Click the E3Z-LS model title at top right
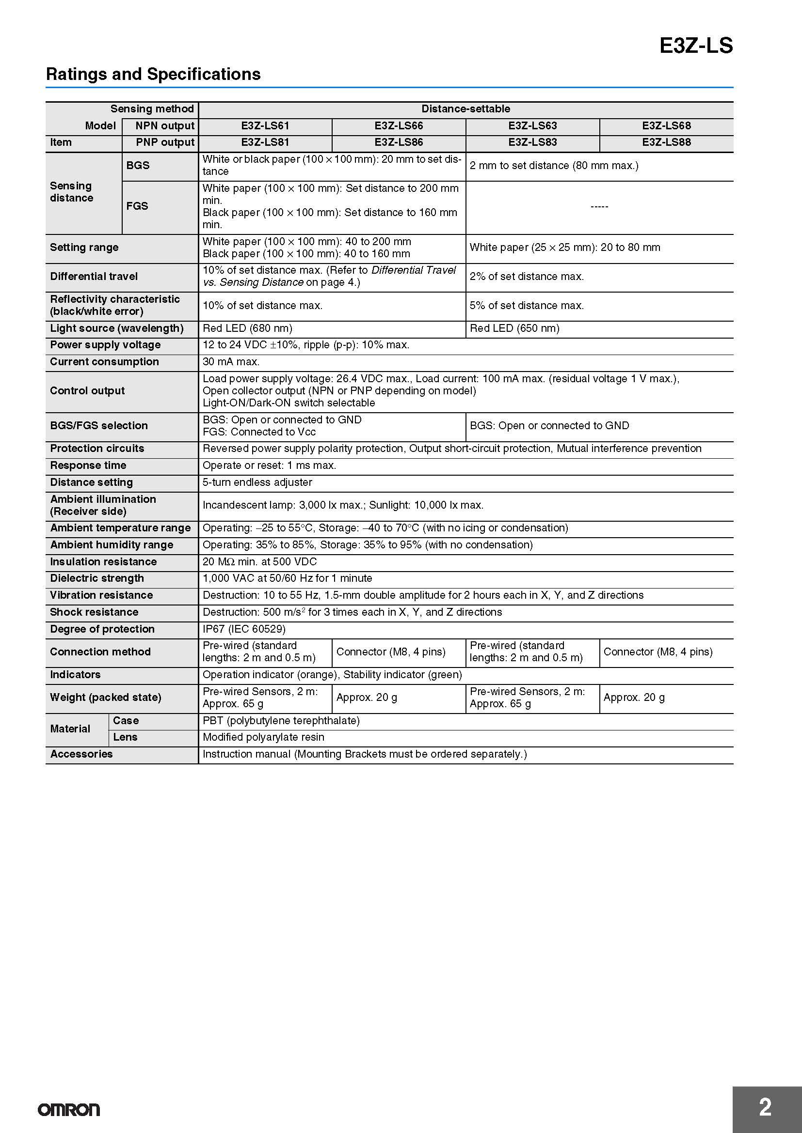696,46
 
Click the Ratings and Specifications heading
153,74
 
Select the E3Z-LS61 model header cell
265,126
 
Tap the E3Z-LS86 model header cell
399,142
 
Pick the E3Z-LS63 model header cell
532,126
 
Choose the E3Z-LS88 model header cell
666,142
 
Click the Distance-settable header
465,109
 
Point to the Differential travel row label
94,276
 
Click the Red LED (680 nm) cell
247,328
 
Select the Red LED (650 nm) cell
514,328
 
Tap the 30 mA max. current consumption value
231,362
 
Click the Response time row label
88,466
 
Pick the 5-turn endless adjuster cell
257,482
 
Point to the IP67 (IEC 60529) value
244,629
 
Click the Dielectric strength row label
97,578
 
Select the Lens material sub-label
125,737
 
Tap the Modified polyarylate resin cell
263,737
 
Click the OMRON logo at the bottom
69,1110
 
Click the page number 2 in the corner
765,1107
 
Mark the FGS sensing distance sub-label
137,206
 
